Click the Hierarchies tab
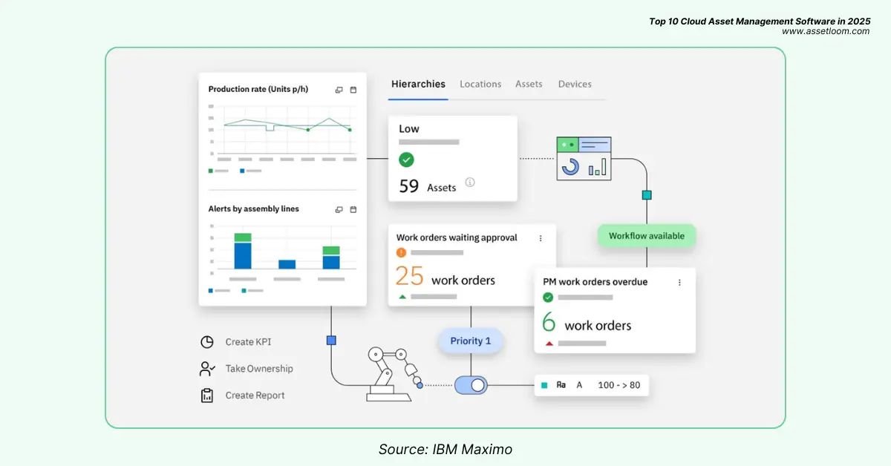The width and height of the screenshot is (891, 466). [418, 85]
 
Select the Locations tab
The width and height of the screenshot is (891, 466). [480, 85]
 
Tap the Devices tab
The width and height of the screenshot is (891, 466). [575, 85]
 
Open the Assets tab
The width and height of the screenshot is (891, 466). [529, 85]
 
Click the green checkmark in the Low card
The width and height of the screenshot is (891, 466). [406, 160]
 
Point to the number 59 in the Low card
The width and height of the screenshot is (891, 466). [409, 186]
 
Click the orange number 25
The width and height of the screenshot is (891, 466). [409, 276]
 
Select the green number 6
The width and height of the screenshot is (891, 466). [549, 323]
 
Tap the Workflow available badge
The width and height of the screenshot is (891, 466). [646, 236]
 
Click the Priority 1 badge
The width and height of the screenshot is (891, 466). [470, 341]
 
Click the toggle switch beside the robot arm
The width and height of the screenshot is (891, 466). [470, 385]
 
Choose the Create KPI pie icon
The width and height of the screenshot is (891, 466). [207, 342]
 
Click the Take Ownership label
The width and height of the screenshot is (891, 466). [259, 369]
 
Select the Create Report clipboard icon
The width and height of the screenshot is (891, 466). [207, 396]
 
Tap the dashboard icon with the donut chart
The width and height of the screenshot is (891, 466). [584, 158]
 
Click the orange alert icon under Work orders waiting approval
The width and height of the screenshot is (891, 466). [402, 252]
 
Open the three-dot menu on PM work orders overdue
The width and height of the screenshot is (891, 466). [679, 283]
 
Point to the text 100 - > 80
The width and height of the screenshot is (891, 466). [619, 385]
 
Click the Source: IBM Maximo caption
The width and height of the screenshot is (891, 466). [445, 449]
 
